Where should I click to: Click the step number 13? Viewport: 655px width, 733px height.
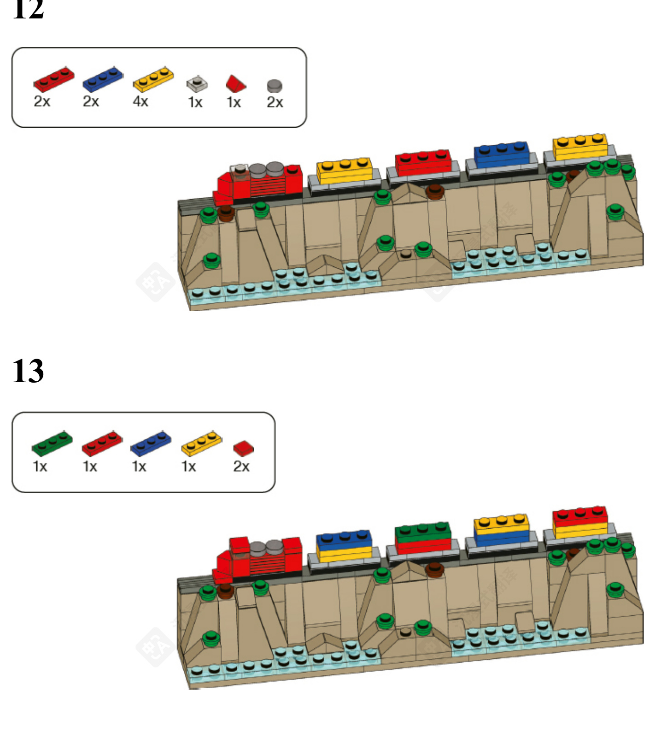28,371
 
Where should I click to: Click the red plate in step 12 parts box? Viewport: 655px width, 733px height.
53,79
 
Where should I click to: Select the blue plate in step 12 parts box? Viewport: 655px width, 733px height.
103,79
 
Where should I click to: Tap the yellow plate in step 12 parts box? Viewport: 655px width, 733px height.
153,79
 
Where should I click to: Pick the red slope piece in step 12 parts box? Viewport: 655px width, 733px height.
235,83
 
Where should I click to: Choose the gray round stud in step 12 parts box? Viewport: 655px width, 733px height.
275,86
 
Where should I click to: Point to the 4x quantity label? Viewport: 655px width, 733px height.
140,101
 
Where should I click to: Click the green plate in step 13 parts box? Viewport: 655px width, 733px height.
52,443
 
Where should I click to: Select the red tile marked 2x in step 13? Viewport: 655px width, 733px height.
243,448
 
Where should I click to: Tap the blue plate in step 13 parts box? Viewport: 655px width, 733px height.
151,443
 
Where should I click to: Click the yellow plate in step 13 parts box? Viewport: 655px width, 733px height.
201,443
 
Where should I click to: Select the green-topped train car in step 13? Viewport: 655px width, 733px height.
423,538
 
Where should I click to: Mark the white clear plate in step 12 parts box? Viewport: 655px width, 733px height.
197,83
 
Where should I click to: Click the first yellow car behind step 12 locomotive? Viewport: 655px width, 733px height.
345,171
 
